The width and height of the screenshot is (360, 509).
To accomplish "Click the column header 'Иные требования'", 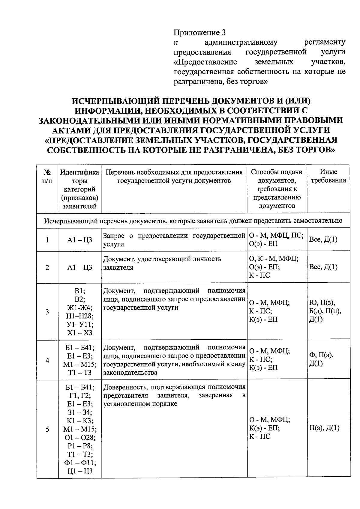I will (x=328, y=176).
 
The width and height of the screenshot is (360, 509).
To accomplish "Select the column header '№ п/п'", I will (x=47, y=176).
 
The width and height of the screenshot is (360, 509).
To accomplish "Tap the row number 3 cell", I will (x=47, y=312).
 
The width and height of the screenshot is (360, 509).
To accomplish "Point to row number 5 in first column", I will (x=47, y=430).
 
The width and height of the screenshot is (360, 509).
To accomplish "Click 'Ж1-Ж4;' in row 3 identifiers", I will (x=79, y=308).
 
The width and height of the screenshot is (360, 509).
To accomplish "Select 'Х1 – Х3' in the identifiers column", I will (x=79, y=333).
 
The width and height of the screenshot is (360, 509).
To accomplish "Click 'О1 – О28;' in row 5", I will (x=79, y=437).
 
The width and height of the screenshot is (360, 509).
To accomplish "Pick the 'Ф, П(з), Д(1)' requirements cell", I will (x=322, y=359).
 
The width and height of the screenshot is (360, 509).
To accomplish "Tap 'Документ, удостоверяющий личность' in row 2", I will (x=162, y=259).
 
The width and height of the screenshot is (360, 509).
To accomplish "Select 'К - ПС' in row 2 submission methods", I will (x=259, y=275).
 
